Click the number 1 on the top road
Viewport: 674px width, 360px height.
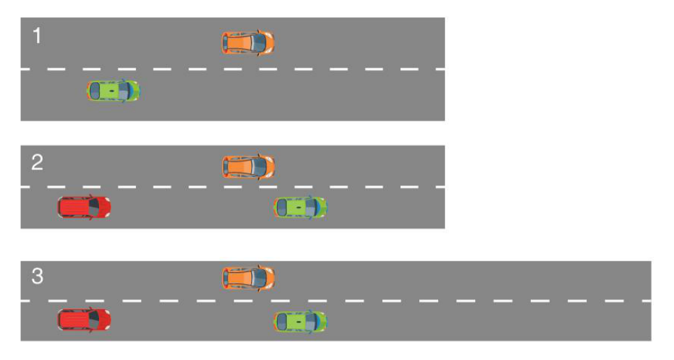(37, 36)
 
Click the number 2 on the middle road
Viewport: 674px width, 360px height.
(37, 163)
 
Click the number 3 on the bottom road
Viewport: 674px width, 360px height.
(38, 276)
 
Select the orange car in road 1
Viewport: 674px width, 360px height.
(248, 43)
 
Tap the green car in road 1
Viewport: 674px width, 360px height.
(114, 91)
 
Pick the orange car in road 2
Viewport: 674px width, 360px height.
(248, 167)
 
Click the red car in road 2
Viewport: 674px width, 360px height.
(84, 207)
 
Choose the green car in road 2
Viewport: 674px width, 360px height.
(301, 207)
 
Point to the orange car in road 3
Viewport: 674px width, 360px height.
(248, 278)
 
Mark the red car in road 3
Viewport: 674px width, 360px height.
(84, 320)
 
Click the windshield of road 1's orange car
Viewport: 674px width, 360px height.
(259, 43)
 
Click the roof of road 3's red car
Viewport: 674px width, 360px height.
(77, 320)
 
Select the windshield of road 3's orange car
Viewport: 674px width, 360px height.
(259, 278)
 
